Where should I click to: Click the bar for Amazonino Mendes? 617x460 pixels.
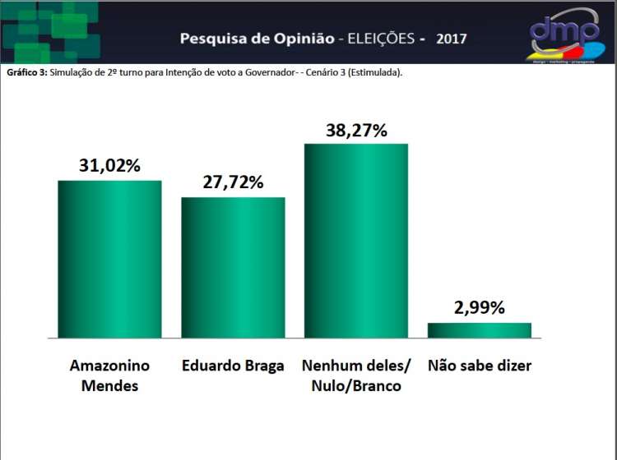point(109,259)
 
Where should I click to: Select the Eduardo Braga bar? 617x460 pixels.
point(233,268)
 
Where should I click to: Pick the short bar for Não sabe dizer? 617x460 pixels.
point(480,330)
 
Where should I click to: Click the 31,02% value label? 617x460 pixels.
point(109,164)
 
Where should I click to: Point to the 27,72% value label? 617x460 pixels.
point(233,182)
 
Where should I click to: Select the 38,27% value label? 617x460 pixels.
point(356,129)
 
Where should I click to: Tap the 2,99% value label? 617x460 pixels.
point(480,308)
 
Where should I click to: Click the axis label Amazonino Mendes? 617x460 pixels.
point(109,375)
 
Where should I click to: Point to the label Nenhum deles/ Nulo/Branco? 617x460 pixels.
point(356,375)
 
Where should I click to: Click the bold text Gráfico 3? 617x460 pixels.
point(26,72)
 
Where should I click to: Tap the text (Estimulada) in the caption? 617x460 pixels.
point(374,72)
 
